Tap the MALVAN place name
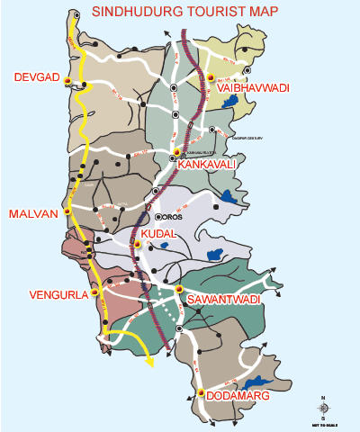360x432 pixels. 32,213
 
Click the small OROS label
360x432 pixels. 171,217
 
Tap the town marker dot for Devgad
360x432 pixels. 67,81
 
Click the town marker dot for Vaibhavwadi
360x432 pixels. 211,78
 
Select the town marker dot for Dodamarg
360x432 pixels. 200,392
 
